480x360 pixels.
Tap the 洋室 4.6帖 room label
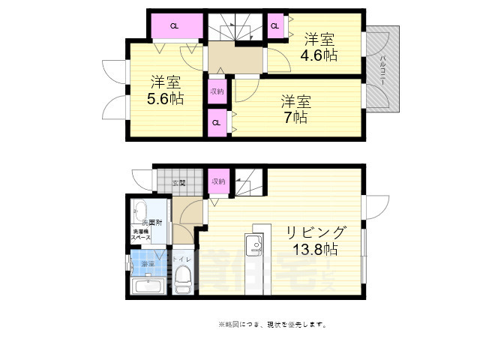point(319,46)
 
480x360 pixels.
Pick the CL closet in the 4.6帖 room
point(274,26)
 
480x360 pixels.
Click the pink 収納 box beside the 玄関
point(218,181)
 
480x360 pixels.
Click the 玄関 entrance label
point(178,182)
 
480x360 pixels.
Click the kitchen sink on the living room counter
point(253,244)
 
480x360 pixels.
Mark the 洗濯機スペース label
point(142,234)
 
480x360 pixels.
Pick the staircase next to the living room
point(247,184)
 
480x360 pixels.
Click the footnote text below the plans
point(271,325)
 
